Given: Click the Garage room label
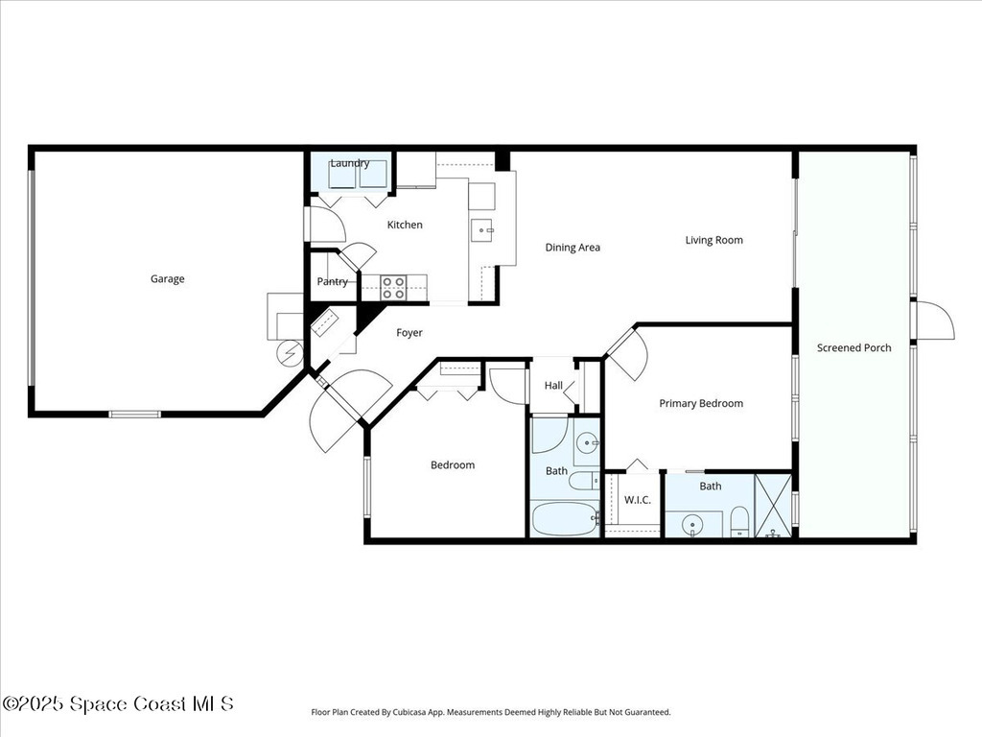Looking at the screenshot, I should click(x=167, y=279).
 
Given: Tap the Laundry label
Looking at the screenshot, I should click(x=350, y=163).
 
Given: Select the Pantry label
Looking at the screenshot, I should click(x=333, y=282).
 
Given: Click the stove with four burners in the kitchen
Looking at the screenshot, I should click(x=393, y=287).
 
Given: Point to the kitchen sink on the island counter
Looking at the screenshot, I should click(x=483, y=229).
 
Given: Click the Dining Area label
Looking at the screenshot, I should click(x=573, y=248).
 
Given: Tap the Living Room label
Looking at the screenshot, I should click(x=713, y=240).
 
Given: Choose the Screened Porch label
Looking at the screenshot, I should click(x=853, y=347).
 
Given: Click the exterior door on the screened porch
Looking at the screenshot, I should click(x=934, y=321).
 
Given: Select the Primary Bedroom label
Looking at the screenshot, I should click(x=701, y=404).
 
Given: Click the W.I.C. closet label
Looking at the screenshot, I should click(x=638, y=500).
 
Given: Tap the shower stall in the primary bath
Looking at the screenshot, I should click(x=773, y=505).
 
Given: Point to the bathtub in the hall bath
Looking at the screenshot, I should click(x=564, y=518).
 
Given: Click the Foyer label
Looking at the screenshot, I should click(x=409, y=333).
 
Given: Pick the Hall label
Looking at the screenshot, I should click(x=553, y=386).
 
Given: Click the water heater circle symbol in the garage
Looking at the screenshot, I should click(x=289, y=354).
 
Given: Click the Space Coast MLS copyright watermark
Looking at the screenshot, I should click(x=117, y=703).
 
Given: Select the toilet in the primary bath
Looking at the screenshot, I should click(x=739, y=521).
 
